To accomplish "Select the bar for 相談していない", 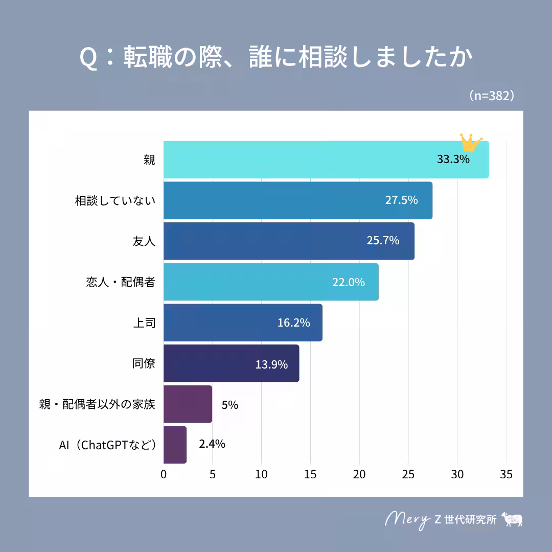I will point(298,200).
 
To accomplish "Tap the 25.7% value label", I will point(383,241).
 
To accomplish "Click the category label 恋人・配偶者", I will point(121,282).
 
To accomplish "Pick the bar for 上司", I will point(243,323).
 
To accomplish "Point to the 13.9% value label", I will point(271,365).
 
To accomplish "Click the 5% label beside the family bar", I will point(230,405).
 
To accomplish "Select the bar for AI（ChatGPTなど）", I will point(175,445).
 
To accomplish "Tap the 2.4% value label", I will point(212,444).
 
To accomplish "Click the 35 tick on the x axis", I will point(506,474).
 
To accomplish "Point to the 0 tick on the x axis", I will point(164,474).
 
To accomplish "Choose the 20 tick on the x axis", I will point(359,474).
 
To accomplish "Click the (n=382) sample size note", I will point(491,96).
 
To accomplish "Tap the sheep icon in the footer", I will point(513,519).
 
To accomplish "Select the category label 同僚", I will point(144,364).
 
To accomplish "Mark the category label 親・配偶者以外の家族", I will point(97,404).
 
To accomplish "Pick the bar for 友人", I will point(289,241).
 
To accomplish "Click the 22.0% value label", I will point(349,282).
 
